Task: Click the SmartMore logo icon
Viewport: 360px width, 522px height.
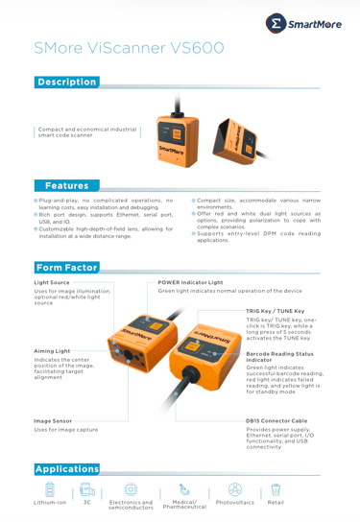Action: click(276, 23)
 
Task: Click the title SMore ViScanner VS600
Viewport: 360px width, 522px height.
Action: click(129, 48)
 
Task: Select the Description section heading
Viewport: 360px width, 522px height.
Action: click(67, 82)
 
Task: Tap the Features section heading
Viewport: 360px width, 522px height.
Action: click(67, 185)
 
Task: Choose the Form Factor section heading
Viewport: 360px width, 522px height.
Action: click(67, 268)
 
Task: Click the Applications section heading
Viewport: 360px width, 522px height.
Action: click(67, 469)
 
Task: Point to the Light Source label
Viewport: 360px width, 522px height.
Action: click(52, 283)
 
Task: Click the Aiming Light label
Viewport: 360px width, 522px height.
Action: click(52, 351)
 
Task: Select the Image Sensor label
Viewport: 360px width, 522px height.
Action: click(53, 421)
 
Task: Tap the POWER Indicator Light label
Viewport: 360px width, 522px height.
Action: click(190, 283)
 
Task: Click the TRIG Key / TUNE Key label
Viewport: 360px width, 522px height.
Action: click(276, 311)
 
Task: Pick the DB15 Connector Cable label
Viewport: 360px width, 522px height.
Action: click(276, 421)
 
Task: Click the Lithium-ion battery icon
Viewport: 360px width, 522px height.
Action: click(50, 489)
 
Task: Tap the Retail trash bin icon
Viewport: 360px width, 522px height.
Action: click(276, 489)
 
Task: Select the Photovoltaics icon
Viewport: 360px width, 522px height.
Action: click(235, 489)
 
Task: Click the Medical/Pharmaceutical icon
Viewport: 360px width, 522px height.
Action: click(184, 489)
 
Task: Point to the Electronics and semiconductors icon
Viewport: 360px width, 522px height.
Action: click(131, 489)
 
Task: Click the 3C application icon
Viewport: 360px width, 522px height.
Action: click(87, 489)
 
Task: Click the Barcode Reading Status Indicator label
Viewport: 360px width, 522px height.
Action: click(279, 357)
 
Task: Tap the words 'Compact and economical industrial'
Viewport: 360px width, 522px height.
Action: click(87, 130)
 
